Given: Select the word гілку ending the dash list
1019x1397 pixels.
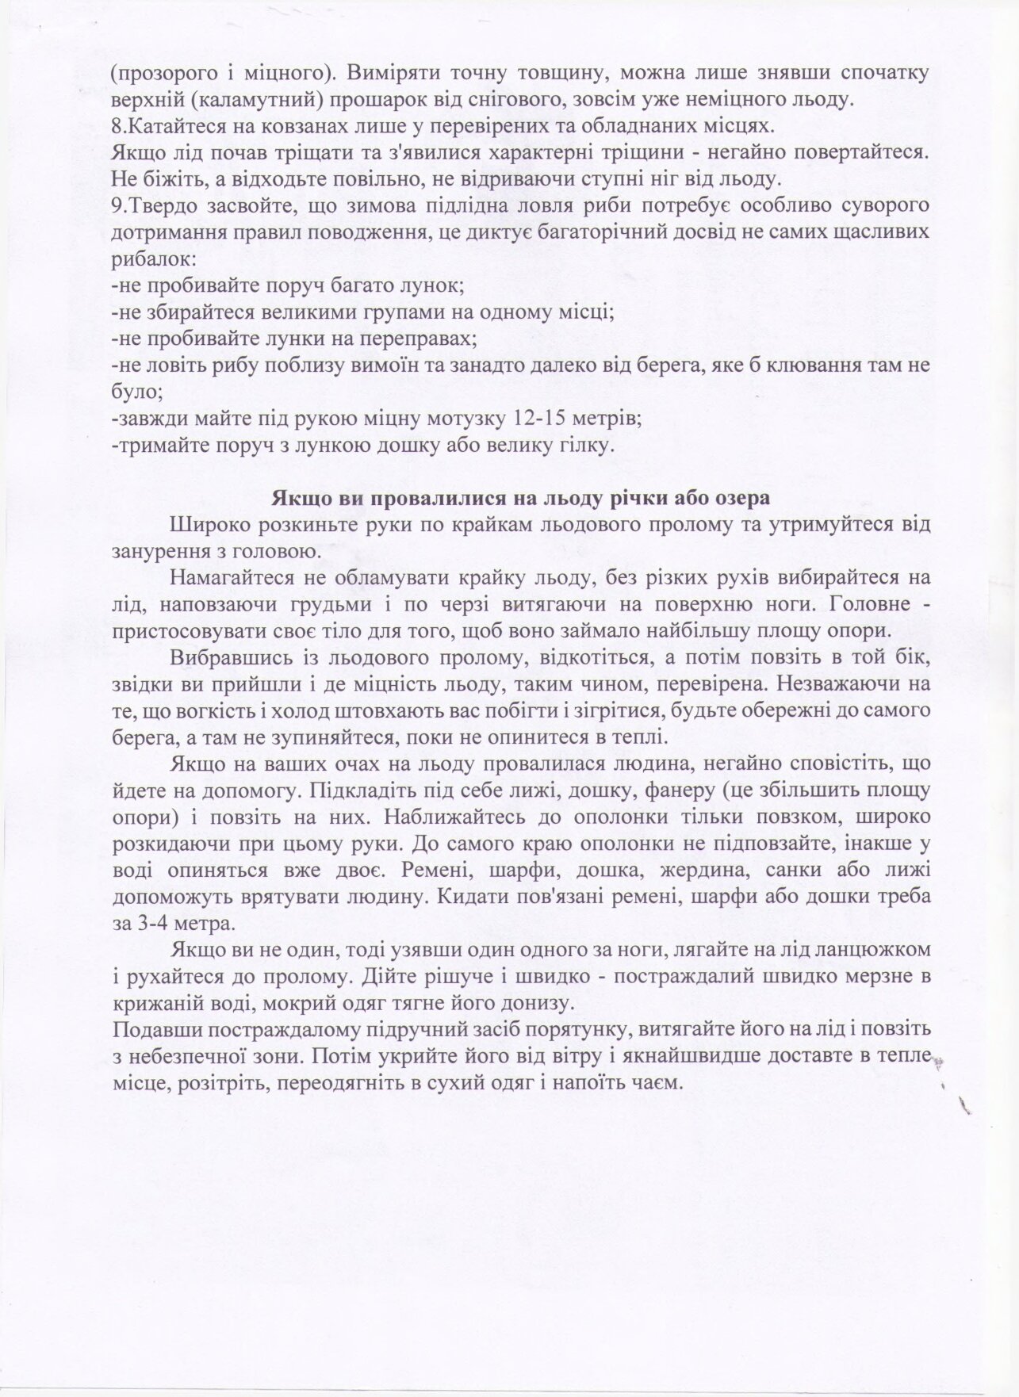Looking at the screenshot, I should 587,446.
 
